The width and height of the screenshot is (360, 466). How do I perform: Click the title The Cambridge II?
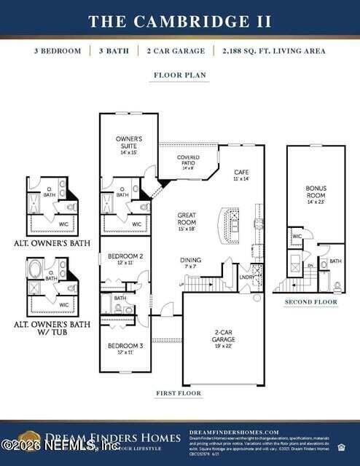(180, 20)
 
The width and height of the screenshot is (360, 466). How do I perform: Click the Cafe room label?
(241, 174)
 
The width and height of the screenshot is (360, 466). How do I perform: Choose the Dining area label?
(191, 263)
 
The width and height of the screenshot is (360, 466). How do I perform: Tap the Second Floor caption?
(310, 301)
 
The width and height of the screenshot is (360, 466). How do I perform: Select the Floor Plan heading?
(179, 75)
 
